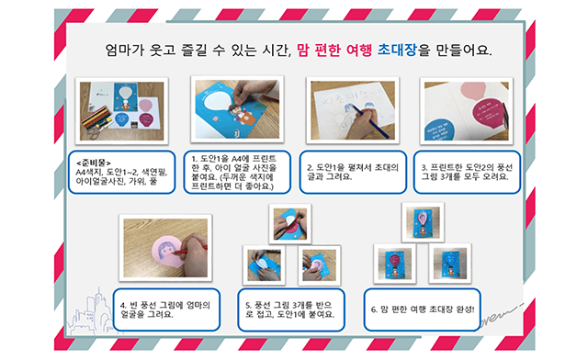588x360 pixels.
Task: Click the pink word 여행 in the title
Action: (359, 50)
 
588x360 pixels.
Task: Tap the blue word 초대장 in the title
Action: (397, 50)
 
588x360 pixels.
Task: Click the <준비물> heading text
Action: (94, 163)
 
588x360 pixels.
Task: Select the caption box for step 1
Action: (237, 172)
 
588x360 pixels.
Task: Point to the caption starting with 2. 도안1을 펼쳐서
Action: (353, 172)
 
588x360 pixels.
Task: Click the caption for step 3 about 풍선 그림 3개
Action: (467, 172)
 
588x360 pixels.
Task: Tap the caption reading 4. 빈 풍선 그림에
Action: (166, 309)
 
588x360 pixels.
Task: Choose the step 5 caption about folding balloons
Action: (291, 309)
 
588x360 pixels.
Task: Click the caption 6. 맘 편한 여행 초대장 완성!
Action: (423, 309)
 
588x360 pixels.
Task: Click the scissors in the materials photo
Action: (95, 132)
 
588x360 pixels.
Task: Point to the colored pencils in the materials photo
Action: (96, 117)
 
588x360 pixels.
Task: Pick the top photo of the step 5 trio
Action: (290, 224)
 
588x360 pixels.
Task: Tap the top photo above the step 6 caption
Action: (423, 222)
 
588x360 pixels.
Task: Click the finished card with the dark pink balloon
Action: (394, 264)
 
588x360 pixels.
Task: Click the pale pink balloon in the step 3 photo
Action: (472, 91)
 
